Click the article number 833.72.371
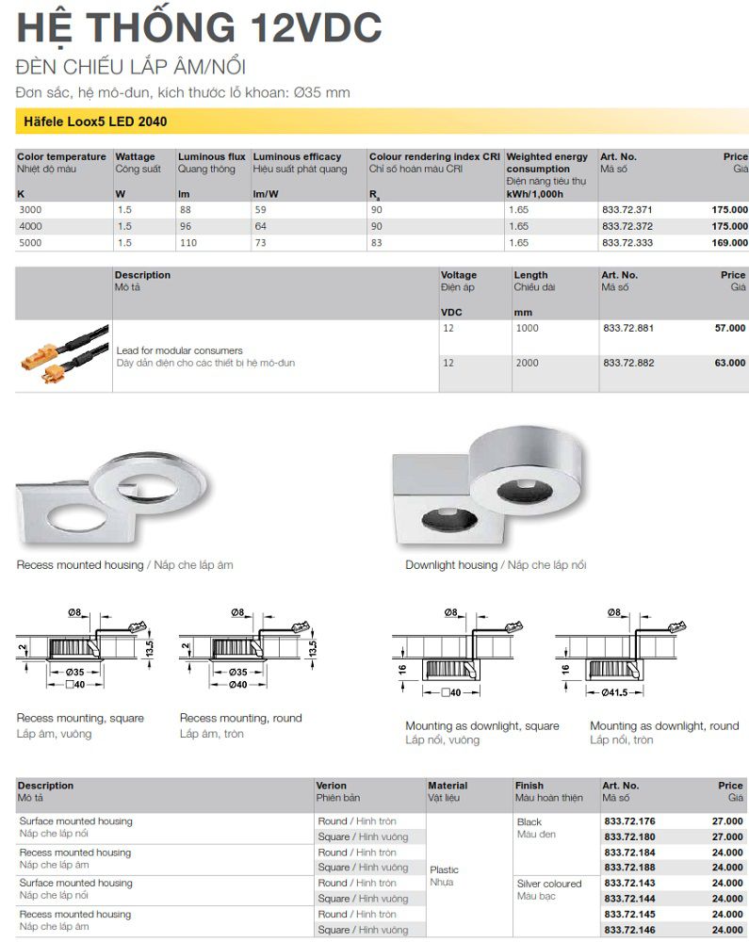[627, 210]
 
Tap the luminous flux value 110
[189, 243]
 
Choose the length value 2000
[527, 363]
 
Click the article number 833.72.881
[627, 328]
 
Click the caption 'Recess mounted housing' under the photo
[80, 565]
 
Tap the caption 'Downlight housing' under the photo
[450, 565]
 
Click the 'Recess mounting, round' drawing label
[240, 718]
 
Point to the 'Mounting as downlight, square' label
[481, 725]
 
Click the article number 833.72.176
[629, 821]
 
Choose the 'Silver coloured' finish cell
[549, 884]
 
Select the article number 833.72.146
[629, 930]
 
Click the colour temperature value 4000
[30, 227]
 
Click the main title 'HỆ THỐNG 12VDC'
[200, 27]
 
